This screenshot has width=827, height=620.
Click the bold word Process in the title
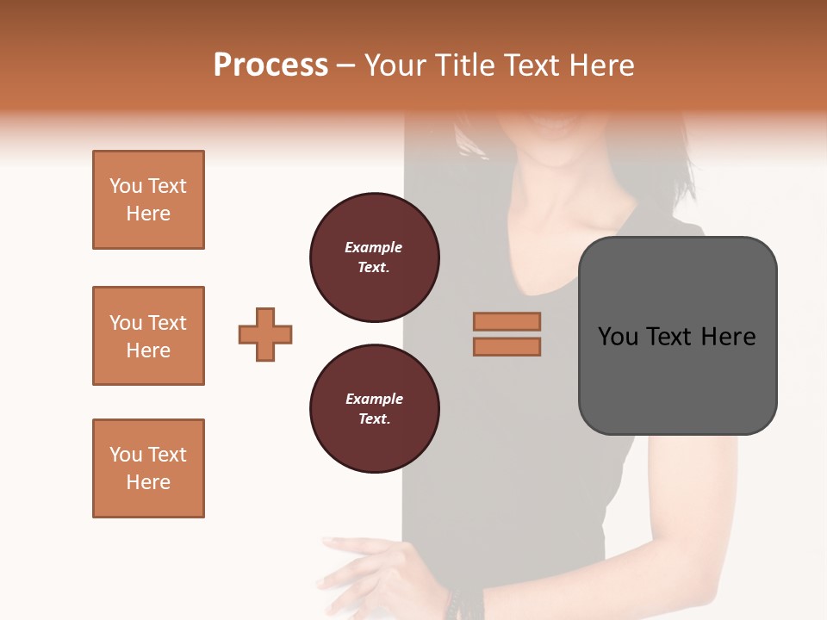click(x=270, y=65)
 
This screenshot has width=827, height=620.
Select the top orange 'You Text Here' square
click(x=148, y=200)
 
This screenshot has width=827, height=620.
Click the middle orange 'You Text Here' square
click(x=148, y=336)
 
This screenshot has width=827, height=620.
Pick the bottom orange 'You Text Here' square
click(x=148, y=468)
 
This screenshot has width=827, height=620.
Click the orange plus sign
click(x=265, y=334)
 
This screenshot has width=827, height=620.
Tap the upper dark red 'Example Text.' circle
click(x=374, y=257)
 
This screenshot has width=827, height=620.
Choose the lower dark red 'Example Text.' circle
click(x=374, y=409)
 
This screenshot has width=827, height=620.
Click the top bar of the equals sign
click(x=507, y=321)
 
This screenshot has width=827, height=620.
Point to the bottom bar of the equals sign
click(x=507, y=346)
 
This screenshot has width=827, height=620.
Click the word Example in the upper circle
click(x=373, y=247)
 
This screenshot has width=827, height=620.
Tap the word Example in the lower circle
click(x=374, y=399)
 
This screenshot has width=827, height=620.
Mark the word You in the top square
click(x=126, y=186)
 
